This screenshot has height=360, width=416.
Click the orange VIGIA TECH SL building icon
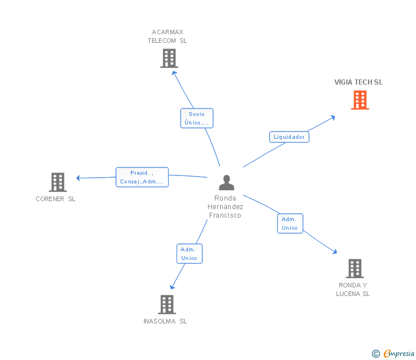(x=359, y=100)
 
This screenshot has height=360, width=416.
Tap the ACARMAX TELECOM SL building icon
(x=169, y=58)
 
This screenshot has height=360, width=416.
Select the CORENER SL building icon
(x=58, y=182)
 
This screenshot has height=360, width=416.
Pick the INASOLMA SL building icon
(x=166, y=305)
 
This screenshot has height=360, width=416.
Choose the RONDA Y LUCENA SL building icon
(x=354, y=269)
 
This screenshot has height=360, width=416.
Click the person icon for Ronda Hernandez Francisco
(x=226, y=183)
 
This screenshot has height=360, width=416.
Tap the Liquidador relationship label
(x=289, y=137)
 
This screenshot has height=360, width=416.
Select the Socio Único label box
(x=197, y=118)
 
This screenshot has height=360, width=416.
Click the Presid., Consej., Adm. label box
(x=142, y=177)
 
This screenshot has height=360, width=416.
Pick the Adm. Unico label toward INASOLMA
(x=189, y=254)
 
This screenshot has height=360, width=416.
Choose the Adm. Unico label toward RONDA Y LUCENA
(x=290, y=223)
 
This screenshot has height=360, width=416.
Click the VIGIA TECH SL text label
(x=358, y=82)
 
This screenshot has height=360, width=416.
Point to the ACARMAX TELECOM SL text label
(x=167, y=37)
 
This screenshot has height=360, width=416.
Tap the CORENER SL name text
(x=55, y=199)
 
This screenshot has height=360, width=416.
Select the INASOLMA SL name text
(x=165, y=321)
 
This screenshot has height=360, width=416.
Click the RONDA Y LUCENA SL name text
(x=354, y=290)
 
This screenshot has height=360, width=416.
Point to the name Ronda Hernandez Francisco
(x=225, y=207)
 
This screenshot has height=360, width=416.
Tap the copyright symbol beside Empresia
(x=375, y=354)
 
